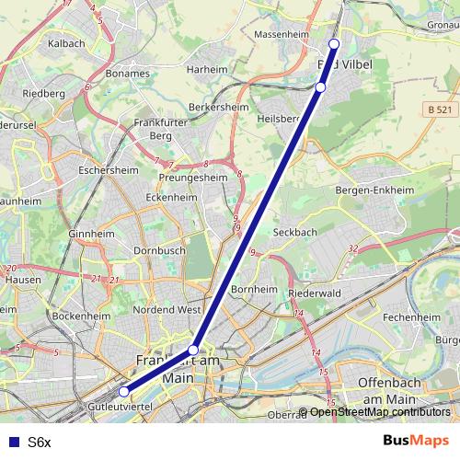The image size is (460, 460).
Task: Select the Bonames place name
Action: pos(127,72)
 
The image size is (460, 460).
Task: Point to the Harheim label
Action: pos(206,68)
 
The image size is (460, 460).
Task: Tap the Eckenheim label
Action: pos(171,197)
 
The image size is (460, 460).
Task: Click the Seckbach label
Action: pos(293,231)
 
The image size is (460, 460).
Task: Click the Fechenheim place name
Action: pos(410,316)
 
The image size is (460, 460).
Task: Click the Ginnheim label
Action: pos(89,234)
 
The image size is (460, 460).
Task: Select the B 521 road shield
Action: pos(441,109)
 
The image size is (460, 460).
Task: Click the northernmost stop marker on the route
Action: pos(334,44)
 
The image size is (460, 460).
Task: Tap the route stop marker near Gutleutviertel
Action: pos(124,392)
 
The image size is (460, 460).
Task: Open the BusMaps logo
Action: pos(416,441)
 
